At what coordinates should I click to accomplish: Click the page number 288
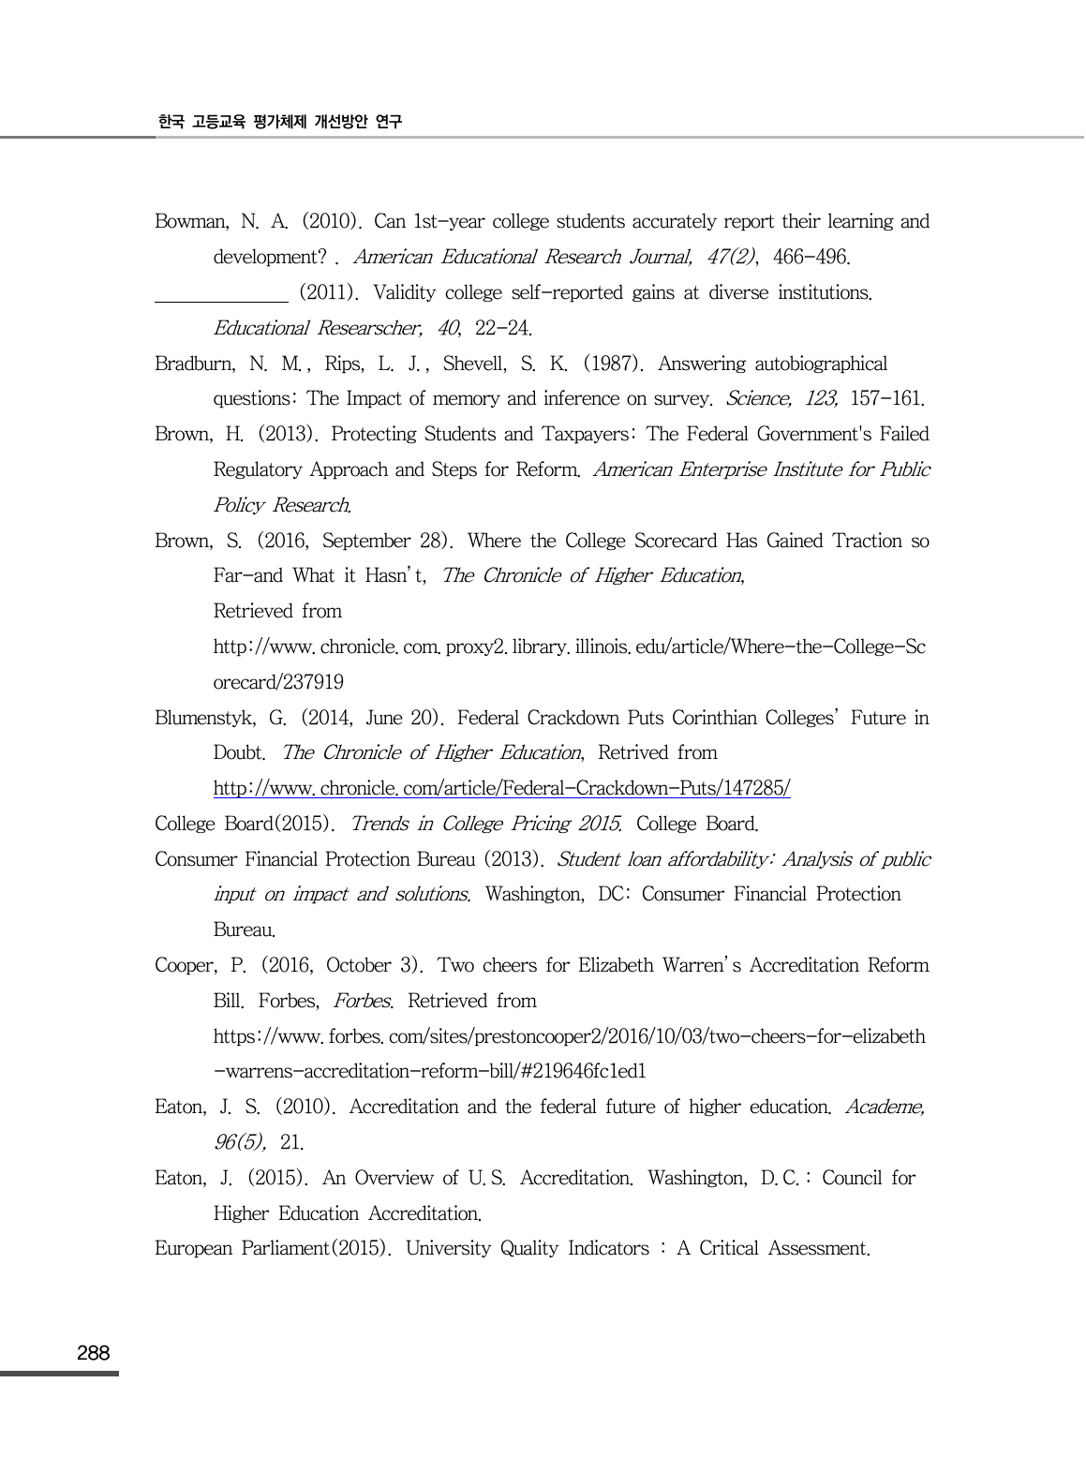[93, 1353]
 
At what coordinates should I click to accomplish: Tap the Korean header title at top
[279, 122]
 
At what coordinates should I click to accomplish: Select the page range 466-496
[811, 258]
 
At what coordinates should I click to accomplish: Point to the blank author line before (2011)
[221, 300]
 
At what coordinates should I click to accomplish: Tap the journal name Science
[757, 399]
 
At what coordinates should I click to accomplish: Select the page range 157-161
[887, 399]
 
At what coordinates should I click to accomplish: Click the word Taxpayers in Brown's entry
[584, 435]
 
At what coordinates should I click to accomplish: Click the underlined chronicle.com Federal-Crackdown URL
[501, 789]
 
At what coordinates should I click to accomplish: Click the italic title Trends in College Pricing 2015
[485, 825]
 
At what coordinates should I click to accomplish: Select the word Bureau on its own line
[244, 931]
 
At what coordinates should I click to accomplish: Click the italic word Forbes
[362, 1002]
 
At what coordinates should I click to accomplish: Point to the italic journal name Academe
[885, 1108]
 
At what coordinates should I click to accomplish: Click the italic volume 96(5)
[240, 1143]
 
